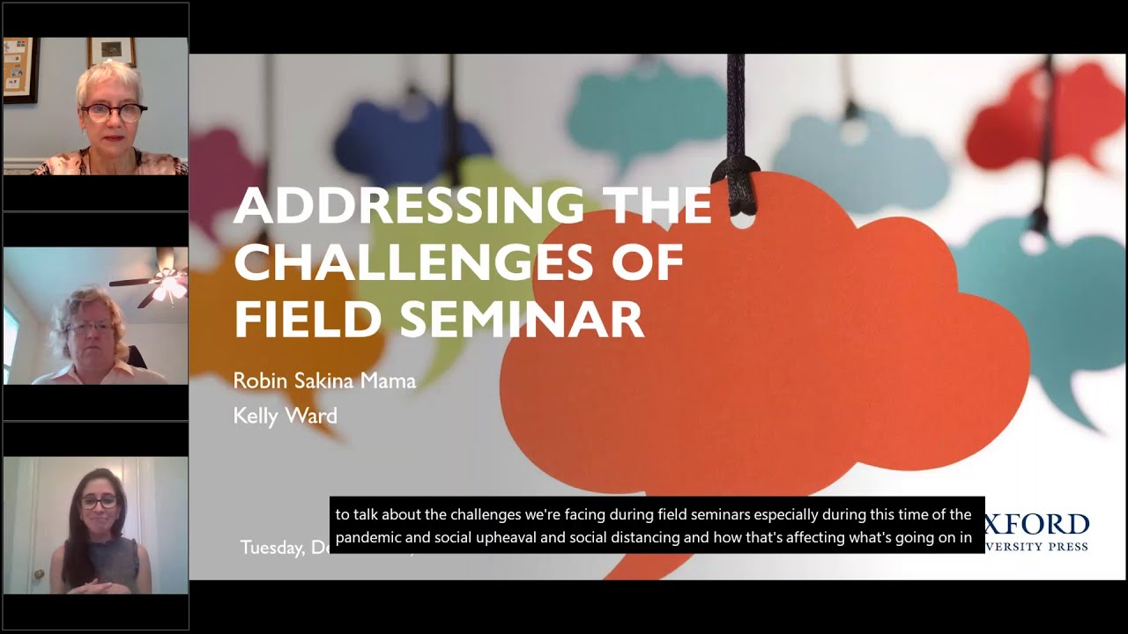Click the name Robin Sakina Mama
click(x=324, y=380)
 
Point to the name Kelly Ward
click(x=285, y=415)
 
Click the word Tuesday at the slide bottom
click(x=273, y=548)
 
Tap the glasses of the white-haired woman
click(x=113, y=112)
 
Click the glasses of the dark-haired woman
click(x=99, y=502)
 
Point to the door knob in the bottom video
click(x=38, y=576)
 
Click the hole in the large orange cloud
click(x=742, y=217)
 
